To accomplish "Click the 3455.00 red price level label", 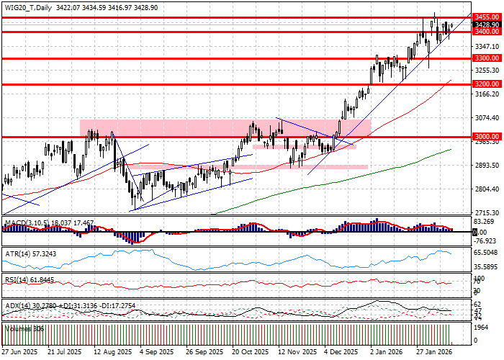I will coord(487,17).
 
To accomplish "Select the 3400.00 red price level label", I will coord(487,32).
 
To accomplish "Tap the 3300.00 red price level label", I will coord(487,58).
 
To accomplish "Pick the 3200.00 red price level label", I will coord(487,84).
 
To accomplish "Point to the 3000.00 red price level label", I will coord(487,136).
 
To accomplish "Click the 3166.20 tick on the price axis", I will coord(487,94).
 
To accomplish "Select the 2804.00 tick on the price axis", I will coord(487,189).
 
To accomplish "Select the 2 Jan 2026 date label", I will coord(386,352).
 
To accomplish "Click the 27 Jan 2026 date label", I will coord(433,352).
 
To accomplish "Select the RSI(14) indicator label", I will coord(17,279).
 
